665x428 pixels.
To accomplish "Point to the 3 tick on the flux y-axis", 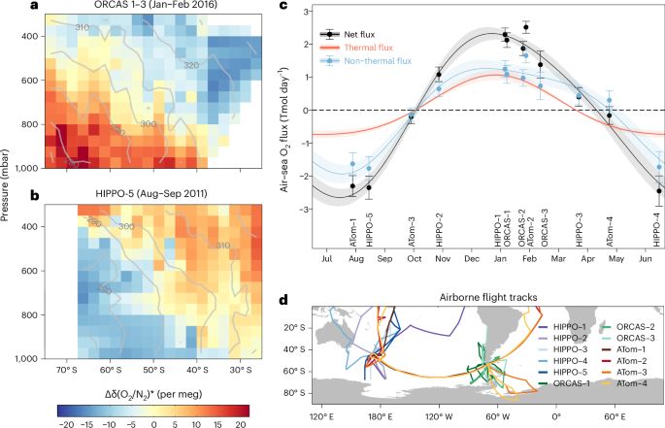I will pyautogui.click(x=303, y=11).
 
